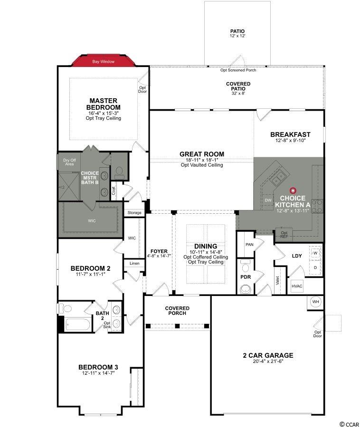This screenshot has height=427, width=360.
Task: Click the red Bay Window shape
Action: click(x=103, y=61)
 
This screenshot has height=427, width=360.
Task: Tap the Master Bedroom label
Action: click(x=103, y=104)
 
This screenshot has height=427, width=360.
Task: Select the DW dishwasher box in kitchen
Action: click(x=268, y=200)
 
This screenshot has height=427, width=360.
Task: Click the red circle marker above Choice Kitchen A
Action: click(x=293, y=190)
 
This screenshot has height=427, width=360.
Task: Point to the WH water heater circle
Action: click(x=316, y=302)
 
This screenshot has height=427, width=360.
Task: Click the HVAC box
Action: click(x=297, y=286)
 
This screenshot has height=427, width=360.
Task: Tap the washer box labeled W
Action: click(x=315, y=253)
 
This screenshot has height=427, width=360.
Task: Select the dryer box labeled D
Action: click(x=315, y=268)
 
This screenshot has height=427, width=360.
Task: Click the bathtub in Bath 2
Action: click(x=77, y=324)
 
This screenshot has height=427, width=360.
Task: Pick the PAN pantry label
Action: click(x=249, y=245)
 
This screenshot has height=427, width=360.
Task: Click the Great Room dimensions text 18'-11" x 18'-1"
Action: click(x=201, y=160)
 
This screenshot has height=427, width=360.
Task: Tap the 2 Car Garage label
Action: click(x=268, y=355)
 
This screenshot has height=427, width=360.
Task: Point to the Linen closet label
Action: click(x=134, y=263)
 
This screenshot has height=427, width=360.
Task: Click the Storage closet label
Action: click(x=134, y=213)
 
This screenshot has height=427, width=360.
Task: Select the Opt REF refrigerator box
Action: click(x=284, y=235)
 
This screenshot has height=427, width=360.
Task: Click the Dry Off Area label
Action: click(x=69, y=162)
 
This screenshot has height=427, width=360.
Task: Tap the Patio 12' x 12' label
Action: click(x=237, y=33)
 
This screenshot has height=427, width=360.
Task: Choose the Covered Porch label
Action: click(x=177, y=311)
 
